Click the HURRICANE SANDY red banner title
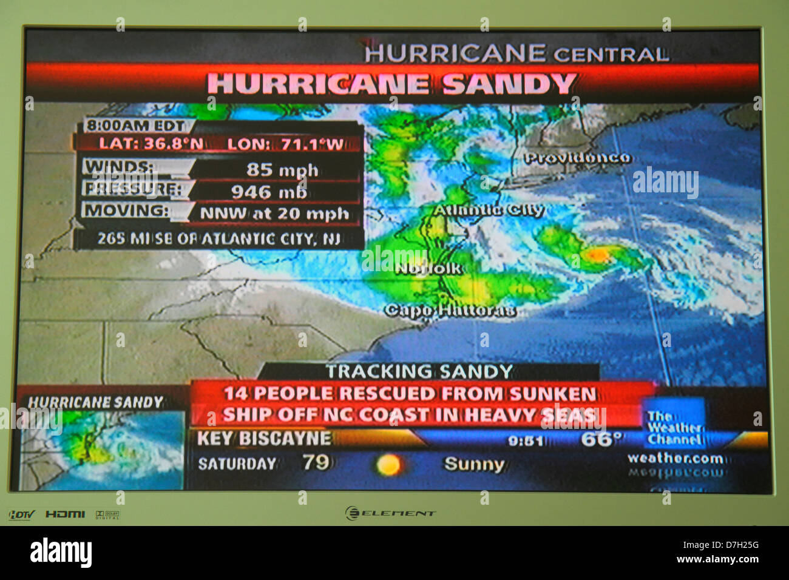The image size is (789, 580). tap(391, 84)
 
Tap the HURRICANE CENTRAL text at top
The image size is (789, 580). tap(516, 54)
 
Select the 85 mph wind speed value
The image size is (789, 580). tap(282, 169)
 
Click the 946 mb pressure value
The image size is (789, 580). tap(269, 192)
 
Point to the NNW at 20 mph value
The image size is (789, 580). tap(274, 214)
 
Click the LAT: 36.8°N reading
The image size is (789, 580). tap(151, 144)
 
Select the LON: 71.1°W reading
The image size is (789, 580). tap(285, 144)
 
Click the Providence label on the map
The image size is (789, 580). tap(577, 158)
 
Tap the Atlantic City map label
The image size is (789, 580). tap(488, 211)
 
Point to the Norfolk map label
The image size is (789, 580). tap(428, 268)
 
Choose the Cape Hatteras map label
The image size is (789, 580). tap(450, 311)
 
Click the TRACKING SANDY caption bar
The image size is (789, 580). tap(419, 371)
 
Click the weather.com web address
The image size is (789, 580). tap(675, 459)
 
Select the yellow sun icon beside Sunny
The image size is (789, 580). tap(388, 465)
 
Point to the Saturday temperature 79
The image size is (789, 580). tap(316, 463)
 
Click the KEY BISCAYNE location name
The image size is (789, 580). tap(264, 438)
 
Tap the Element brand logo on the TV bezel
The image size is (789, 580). tap(391, 513)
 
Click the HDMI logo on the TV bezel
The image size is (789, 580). tap(65, 514)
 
